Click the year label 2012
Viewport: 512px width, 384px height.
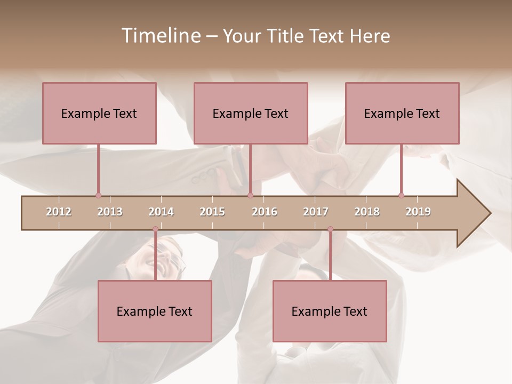59,212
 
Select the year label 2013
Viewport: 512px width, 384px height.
110,212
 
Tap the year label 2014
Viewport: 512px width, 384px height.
161,212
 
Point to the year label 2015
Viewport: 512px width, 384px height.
212,212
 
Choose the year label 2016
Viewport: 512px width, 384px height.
265,212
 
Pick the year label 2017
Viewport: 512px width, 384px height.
316,212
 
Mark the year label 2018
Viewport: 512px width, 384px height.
367,212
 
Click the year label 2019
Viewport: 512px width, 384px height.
418,212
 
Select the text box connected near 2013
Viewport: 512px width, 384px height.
99,113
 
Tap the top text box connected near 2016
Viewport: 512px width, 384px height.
251,113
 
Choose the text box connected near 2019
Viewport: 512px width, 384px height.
402,113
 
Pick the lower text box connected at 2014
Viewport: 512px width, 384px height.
155,311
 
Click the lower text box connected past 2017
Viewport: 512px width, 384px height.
330,311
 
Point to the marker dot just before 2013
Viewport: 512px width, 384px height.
98,196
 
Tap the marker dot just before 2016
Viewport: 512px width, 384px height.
250,196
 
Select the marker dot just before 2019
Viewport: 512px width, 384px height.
401,196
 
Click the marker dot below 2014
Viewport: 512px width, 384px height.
155,229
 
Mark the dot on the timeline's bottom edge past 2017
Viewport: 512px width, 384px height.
330,229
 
